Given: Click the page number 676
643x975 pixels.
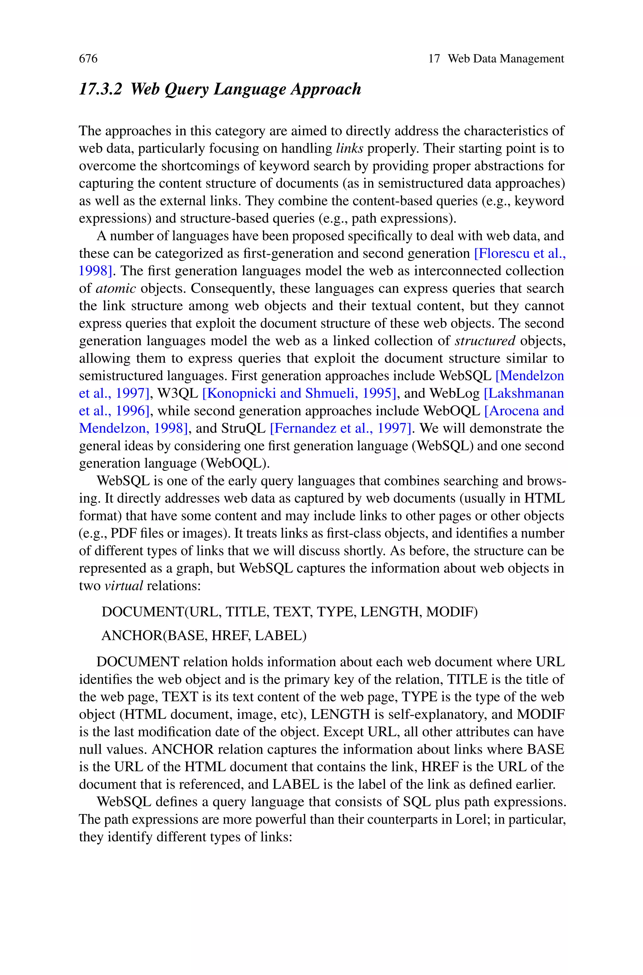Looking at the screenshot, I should (88, 59).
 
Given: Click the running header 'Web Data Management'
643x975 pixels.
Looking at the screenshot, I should (505, 59).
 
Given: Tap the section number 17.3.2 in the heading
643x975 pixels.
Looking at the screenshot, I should (100, 89).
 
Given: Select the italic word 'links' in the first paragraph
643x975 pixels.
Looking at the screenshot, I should (349, 148).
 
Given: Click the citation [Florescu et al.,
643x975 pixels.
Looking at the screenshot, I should (520, 253).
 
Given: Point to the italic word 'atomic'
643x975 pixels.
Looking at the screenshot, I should (115, 288).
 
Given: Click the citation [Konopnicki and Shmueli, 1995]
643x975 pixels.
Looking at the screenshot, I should (299, 393).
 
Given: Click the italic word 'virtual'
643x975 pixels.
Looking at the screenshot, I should (123, 586).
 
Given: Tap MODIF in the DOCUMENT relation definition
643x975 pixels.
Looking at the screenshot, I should (450, 612).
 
